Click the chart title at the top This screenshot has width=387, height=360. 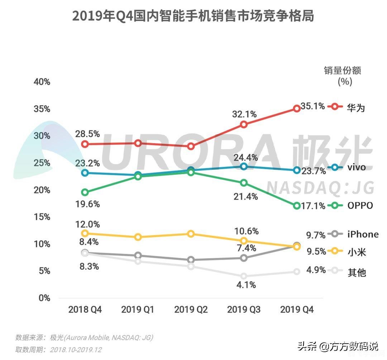click(193, 16)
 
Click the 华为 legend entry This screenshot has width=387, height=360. click(355, 107)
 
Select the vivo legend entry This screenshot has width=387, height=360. click(356, 167)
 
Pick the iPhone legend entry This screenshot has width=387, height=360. click(363, 234)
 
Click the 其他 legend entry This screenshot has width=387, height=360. click(356, 272)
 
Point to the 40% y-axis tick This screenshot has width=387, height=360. click(42, 82)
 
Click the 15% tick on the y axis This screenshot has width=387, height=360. click(42, 217)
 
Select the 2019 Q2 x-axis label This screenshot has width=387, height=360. click(191, 310)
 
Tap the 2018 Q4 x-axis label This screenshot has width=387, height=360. click(85, 310)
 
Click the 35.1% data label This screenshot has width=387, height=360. click(312, 106)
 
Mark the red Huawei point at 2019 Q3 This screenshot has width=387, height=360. click(244, 125)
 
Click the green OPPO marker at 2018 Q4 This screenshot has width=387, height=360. click(85, 192)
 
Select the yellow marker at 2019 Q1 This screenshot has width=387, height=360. click(138, 237)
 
